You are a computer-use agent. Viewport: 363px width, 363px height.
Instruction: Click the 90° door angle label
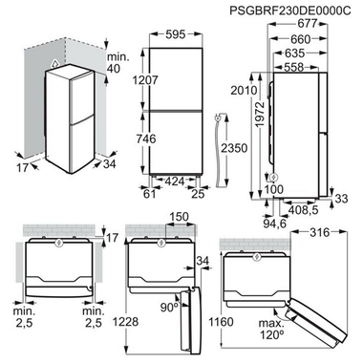[168, 309]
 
